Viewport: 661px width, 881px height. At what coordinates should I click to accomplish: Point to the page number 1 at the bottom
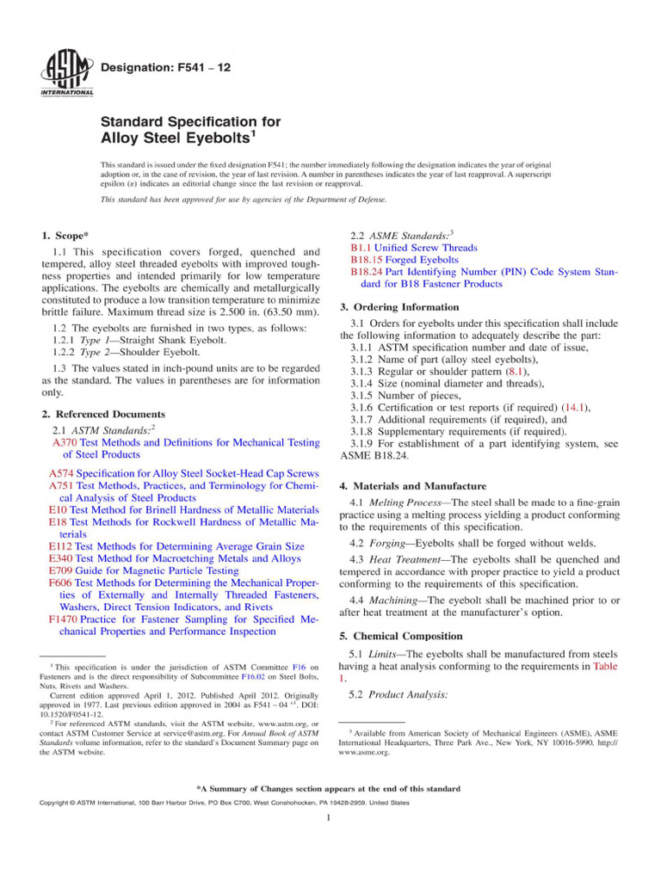point(330,816)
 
